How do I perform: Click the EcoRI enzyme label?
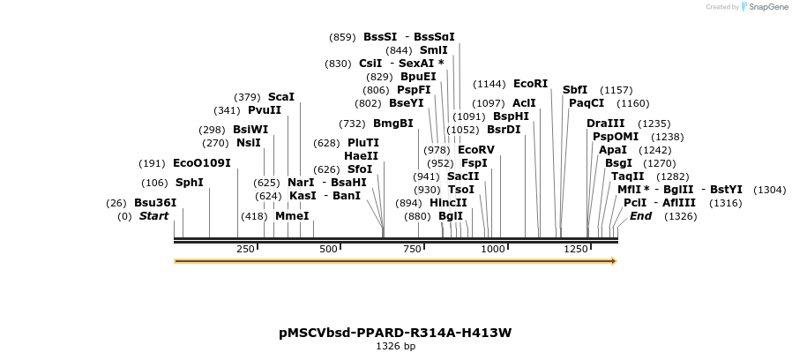[x=530, y=84]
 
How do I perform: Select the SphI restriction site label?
[x=190, y=183]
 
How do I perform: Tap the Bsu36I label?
[x=155, y=202]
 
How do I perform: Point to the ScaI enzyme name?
[x=281, y=97]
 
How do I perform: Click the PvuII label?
[x=265, y=110]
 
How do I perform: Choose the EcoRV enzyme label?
[x=476, y=150]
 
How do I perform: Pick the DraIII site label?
[x=605, y=124]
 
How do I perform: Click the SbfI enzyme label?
[x=575, y=90]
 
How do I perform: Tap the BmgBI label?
[x=393, y=124]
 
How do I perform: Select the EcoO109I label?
[x=202, y=163]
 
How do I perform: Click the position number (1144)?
[x=489, y=84]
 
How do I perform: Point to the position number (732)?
[x=352, y=124]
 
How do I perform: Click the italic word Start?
[x=153, y=216]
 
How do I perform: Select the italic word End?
[x=641, y=216]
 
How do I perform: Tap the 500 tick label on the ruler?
[x=329, y=250]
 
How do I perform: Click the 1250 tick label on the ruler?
[x=576, y=250]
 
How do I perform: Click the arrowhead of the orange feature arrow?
[x=613, y=261]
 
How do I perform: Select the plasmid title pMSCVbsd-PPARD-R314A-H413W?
[x=395, y=333]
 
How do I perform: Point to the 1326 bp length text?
[x=396, y=347]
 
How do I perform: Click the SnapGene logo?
[x=764, y=7]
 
